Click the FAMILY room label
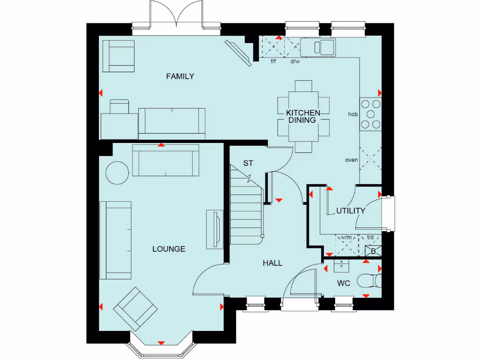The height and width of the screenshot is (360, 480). pos(180,76)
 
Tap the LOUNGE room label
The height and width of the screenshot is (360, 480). pos(169,249)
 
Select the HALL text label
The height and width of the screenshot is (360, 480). pos(272,263)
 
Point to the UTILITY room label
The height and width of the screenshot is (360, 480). pos(350,211)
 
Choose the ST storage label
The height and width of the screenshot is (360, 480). pos(248,163)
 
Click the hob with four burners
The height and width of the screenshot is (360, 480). pos(370,114)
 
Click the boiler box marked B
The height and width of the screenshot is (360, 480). pos(373,251)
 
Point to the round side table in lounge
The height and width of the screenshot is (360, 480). pos(117,173)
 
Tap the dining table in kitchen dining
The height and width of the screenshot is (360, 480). pos(303,116)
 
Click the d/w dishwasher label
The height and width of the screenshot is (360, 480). pos(295,61)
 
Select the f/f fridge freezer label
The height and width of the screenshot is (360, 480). pos(274,61)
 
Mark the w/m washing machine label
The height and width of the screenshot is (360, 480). pos(346,237)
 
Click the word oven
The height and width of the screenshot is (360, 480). pos(352,160)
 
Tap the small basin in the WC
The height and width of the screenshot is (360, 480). pos(341,266)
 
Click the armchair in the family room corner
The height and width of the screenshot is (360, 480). pos(118,55)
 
